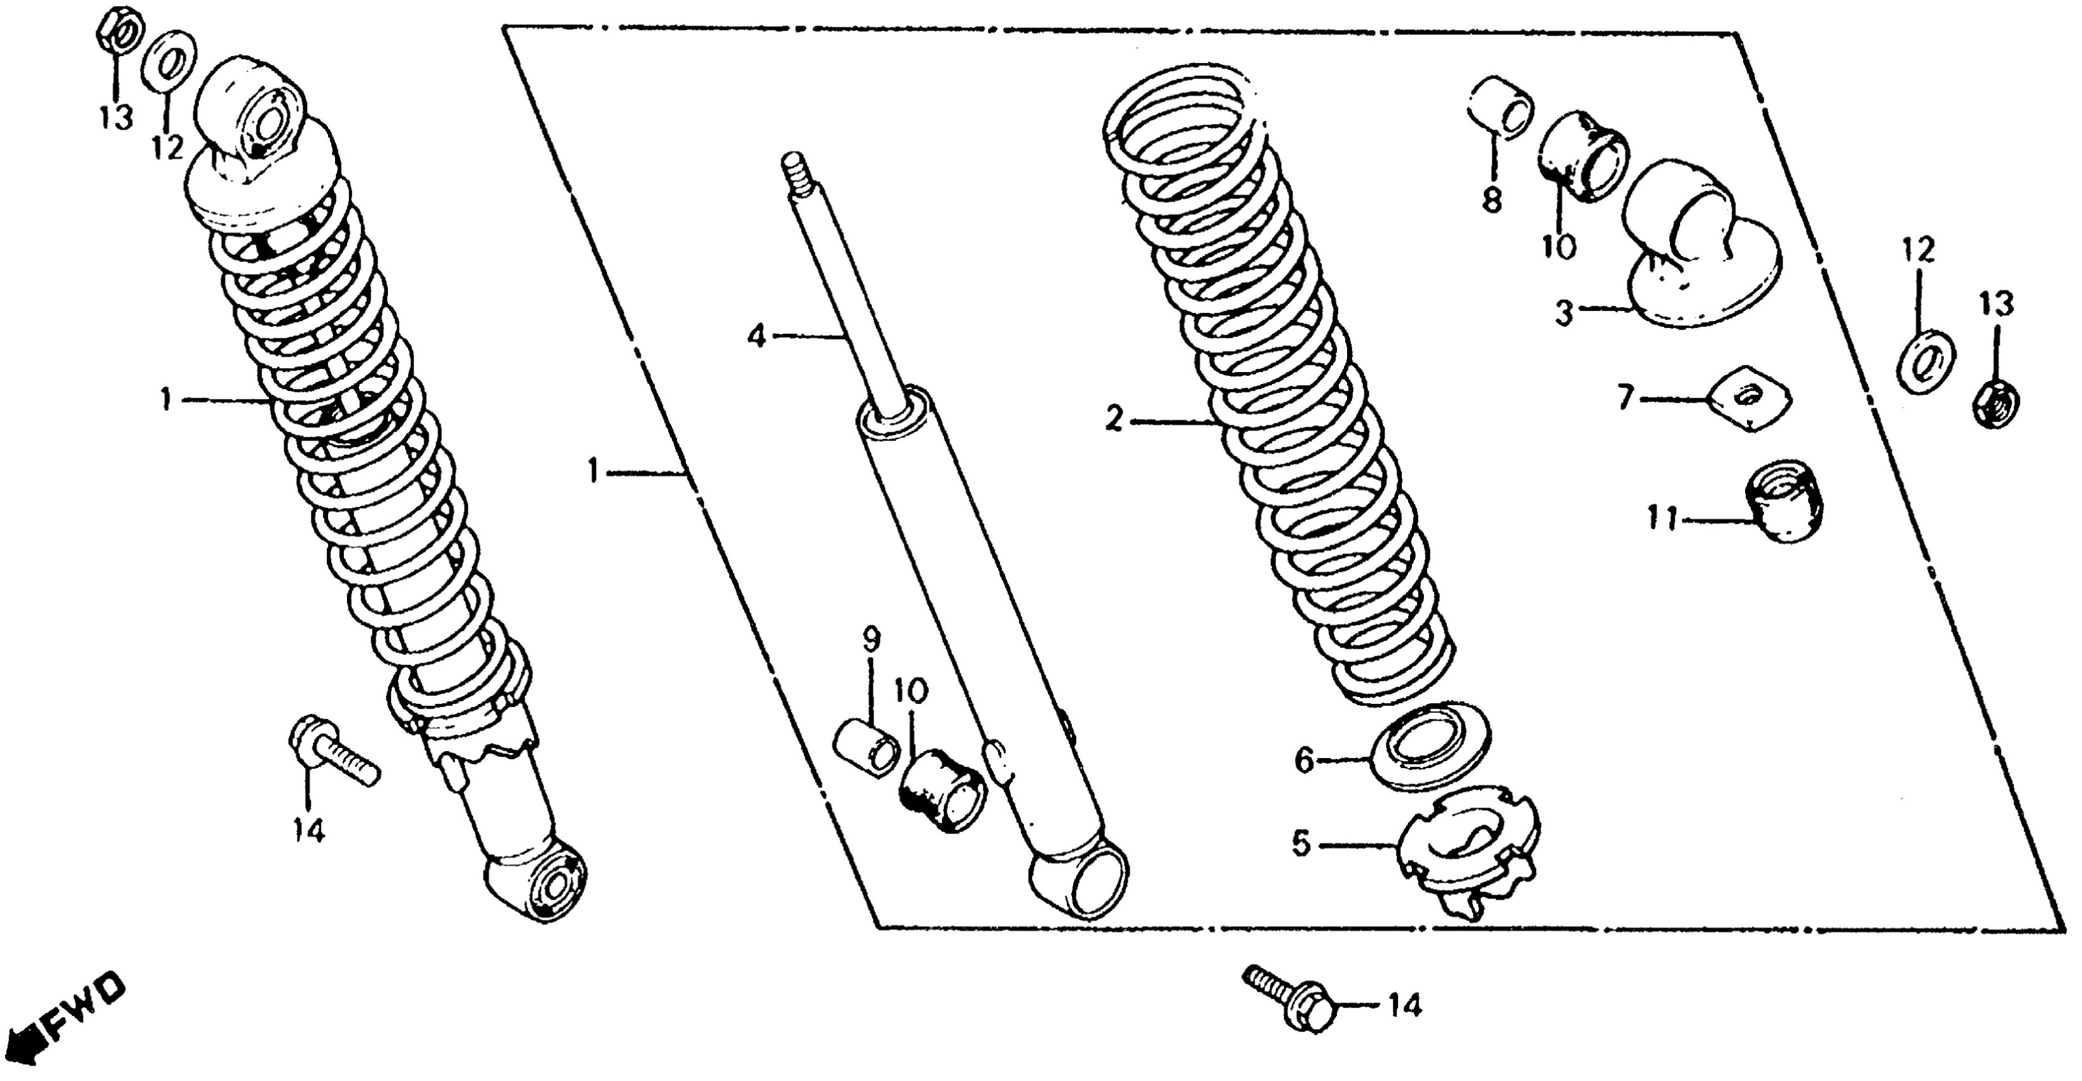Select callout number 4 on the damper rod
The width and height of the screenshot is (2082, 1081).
coord(756,334)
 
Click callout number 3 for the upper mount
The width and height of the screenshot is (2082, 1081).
coord(1564,313)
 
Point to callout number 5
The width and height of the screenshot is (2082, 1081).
coord(1301,844)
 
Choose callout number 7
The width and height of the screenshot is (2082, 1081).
coord(1626,399)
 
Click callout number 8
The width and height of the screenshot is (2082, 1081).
coord(1491,199)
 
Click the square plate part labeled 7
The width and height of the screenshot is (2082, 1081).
coord(1750,397)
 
